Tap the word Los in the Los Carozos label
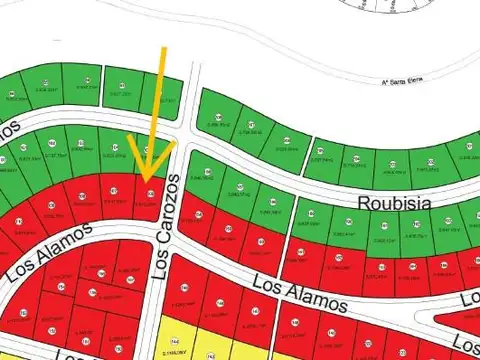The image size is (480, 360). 157,263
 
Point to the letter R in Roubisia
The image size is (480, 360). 362,200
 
